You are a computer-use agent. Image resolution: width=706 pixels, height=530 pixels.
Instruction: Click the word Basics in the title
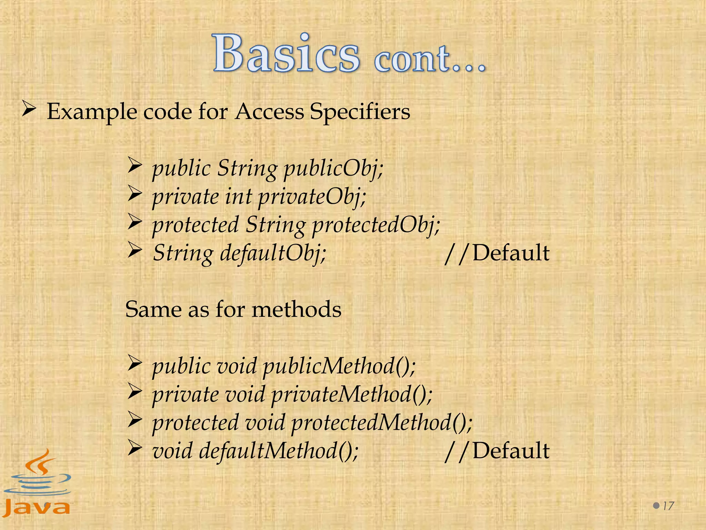point(286,53)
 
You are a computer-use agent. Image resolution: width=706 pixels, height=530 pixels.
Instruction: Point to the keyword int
point(238,197)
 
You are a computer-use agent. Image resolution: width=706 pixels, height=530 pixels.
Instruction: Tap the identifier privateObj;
point(312,197)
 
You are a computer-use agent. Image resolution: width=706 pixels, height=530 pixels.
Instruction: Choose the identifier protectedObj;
point(376,225)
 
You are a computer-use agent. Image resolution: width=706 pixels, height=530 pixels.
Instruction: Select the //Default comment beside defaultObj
point(497,253)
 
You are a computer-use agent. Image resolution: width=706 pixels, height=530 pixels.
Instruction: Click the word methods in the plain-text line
point(296,309)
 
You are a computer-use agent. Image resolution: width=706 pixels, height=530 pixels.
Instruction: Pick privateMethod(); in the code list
point(352,394)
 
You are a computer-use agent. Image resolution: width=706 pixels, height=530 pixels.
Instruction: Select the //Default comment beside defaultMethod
point(497,451)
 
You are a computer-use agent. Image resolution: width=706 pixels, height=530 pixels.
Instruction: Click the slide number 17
point(668,506)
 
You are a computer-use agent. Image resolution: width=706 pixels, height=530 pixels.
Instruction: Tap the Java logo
point(37,483)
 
